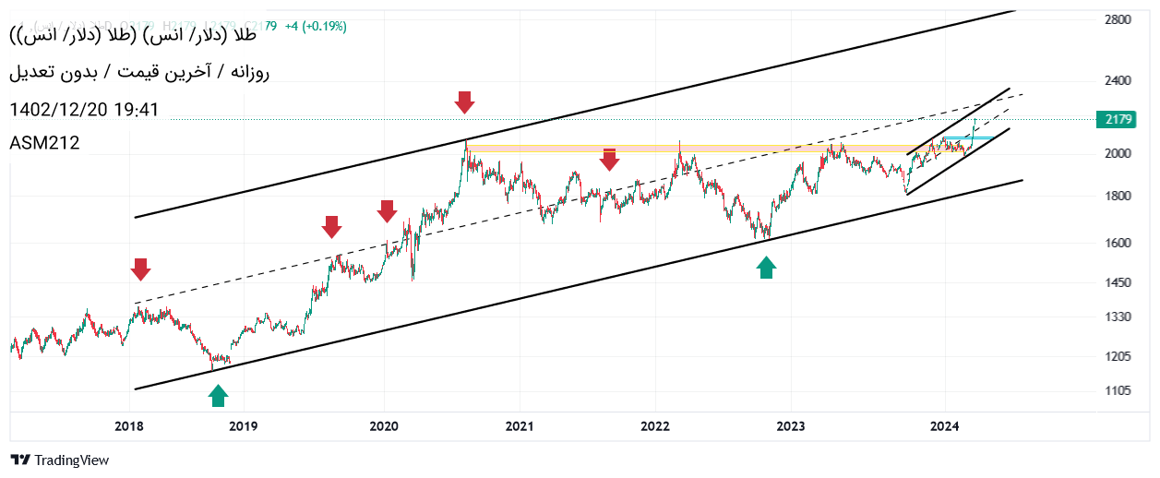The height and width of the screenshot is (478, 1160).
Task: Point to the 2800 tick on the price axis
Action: click(x=1118, y=18)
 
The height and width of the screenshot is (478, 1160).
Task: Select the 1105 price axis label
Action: click(x=1118, y=391)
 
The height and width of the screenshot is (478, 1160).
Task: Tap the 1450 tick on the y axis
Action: click(x=1118, y=282)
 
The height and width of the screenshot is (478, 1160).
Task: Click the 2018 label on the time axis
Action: click(x=129, y=426)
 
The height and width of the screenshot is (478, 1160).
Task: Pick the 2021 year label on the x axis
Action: click(x=520, y=426)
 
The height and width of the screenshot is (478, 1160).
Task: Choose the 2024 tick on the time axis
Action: click(x=945, y=426)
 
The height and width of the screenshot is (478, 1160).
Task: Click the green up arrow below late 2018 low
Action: click(x=218, y=396)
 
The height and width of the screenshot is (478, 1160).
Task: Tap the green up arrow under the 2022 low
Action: click(x=766, y=268)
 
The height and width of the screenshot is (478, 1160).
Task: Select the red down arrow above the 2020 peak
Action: click(x=465, y=102)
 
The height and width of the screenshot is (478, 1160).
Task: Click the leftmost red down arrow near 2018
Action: click(x=140, y=269)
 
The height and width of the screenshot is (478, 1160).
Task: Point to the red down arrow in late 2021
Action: click(x=609, y=160)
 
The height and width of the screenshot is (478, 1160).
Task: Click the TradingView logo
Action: click(x=59, y=460)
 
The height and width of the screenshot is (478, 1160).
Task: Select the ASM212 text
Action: click(x=44, y=143)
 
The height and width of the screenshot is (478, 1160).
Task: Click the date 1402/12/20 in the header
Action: click(x=59, y=110)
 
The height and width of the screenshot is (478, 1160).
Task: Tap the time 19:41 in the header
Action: click(x=138, y=110)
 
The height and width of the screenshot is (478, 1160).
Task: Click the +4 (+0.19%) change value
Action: click(x=316, y=27)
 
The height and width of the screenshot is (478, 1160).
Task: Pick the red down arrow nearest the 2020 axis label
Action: click(x=387, y=211)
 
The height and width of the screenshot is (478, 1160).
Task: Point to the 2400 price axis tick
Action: click(x=1118, y=81)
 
